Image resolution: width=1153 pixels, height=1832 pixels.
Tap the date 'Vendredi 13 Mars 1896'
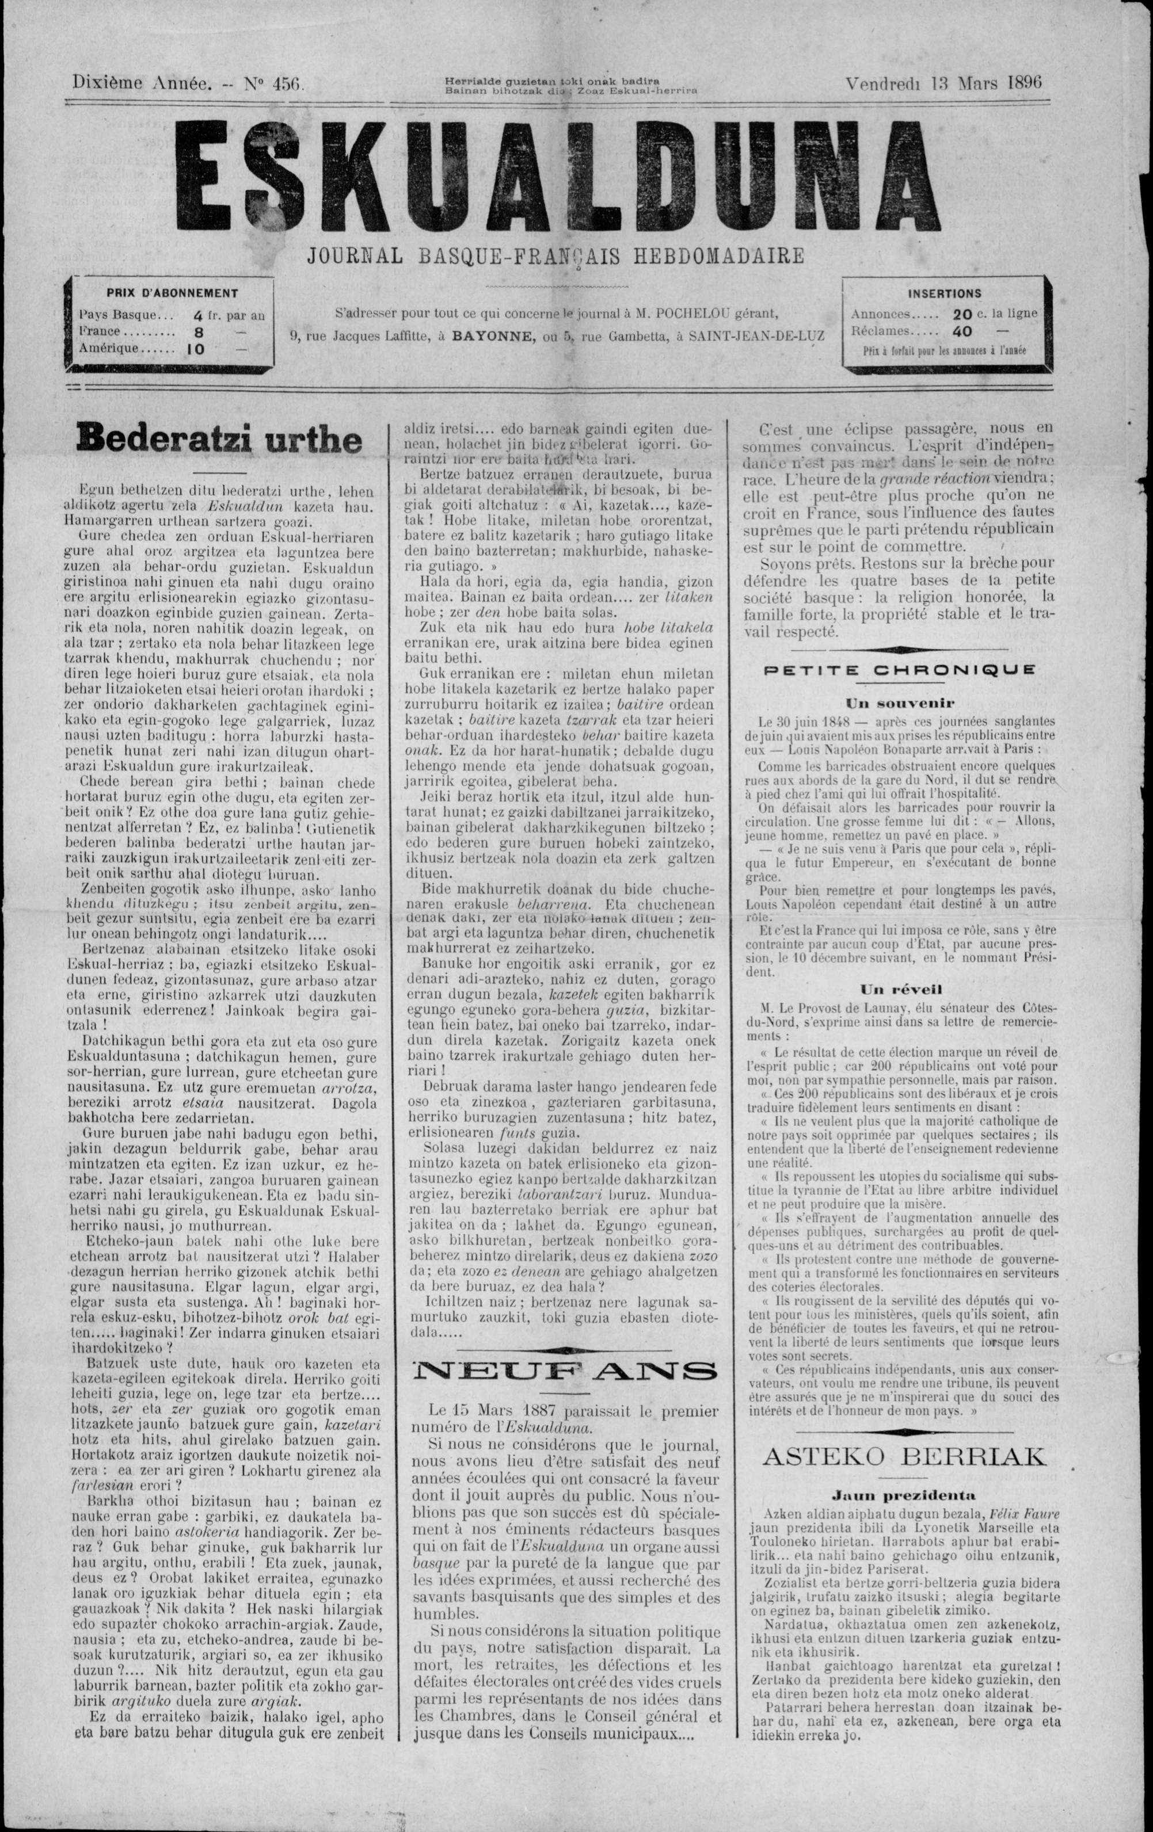click(x=943, y=83)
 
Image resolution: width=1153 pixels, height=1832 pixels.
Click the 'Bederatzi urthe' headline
click(x=218, y=441)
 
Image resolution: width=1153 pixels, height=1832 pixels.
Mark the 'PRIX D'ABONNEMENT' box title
click(x=172, y=293)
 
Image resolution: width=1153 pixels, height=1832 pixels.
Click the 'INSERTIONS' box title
click(x=945, y=293)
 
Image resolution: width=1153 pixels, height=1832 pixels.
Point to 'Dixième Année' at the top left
click(x=140, y=85)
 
